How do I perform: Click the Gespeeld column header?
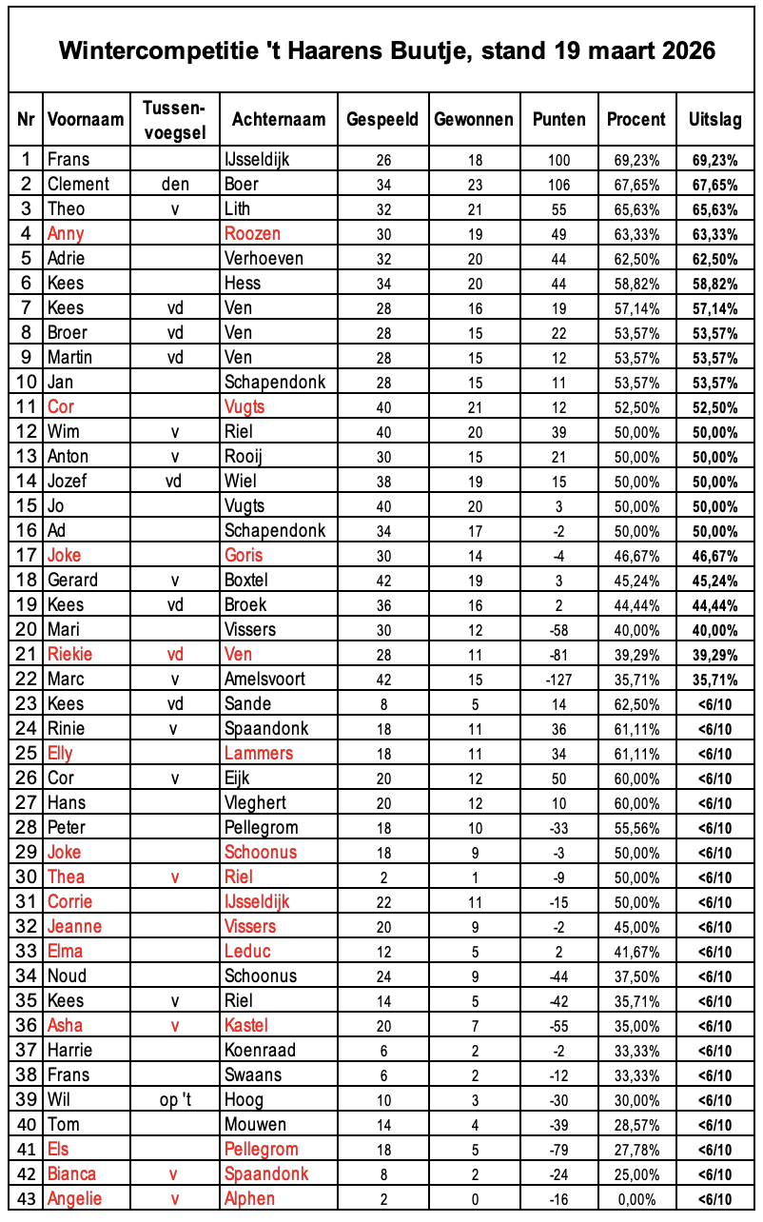382,119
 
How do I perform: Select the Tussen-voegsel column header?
174,119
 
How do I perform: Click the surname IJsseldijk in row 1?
258,159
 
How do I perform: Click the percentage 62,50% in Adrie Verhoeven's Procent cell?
636,258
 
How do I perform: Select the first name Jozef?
68,481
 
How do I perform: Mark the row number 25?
26,753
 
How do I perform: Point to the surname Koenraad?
260,1050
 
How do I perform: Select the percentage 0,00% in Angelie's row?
636,1198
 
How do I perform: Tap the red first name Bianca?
71,1173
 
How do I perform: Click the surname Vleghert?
256,802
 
